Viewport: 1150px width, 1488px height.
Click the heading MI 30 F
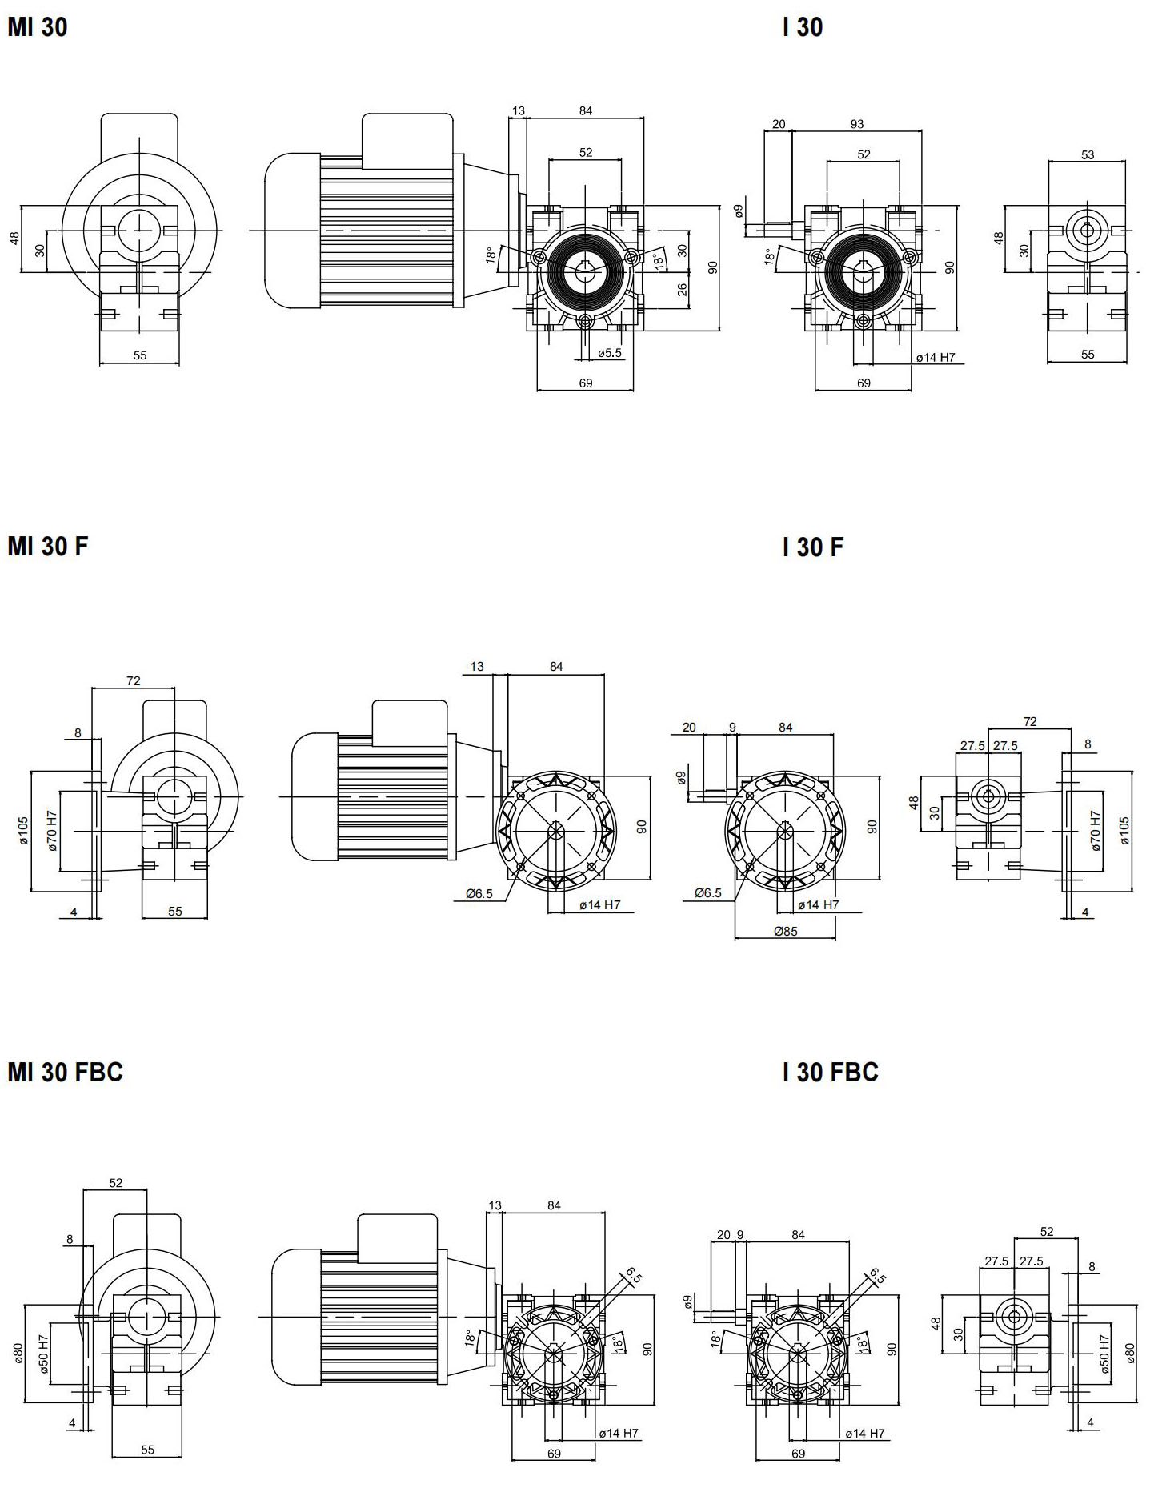(x=48, y=546)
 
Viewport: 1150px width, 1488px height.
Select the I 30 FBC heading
(x=831, y=1072)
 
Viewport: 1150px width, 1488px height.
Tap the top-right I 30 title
(x=803, y=27)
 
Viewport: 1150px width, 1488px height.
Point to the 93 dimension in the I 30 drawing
(x=857, y=124)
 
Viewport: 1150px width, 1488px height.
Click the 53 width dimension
(x=1088, y=154)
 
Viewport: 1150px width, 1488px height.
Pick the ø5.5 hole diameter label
(x=610, y=352)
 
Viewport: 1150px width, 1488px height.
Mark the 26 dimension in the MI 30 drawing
(x=683, y=289)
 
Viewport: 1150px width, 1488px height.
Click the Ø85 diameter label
(x=786, y=931)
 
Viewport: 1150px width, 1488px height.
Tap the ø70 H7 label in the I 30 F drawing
(x=1096, y=830)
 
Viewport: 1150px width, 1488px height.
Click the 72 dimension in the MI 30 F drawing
(x=133, y=680)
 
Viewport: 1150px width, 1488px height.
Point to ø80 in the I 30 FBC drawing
(x=1130, y=1352)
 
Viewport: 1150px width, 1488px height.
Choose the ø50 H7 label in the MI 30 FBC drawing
(x=44, y=1352)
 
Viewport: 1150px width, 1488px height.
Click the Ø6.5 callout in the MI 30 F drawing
(x=479, y=894)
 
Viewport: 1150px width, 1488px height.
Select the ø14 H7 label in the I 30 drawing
(x=936, y=358)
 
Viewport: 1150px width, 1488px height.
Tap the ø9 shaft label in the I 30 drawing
(x=739, y=211)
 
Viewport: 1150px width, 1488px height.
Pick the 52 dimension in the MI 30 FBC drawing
(x=116, y=1182)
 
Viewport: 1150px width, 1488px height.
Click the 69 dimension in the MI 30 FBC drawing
(x=554, y=1454)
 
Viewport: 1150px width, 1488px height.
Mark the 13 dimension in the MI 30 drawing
(x=519, y=110)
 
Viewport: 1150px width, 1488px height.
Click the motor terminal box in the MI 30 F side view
(x=409, y=718)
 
